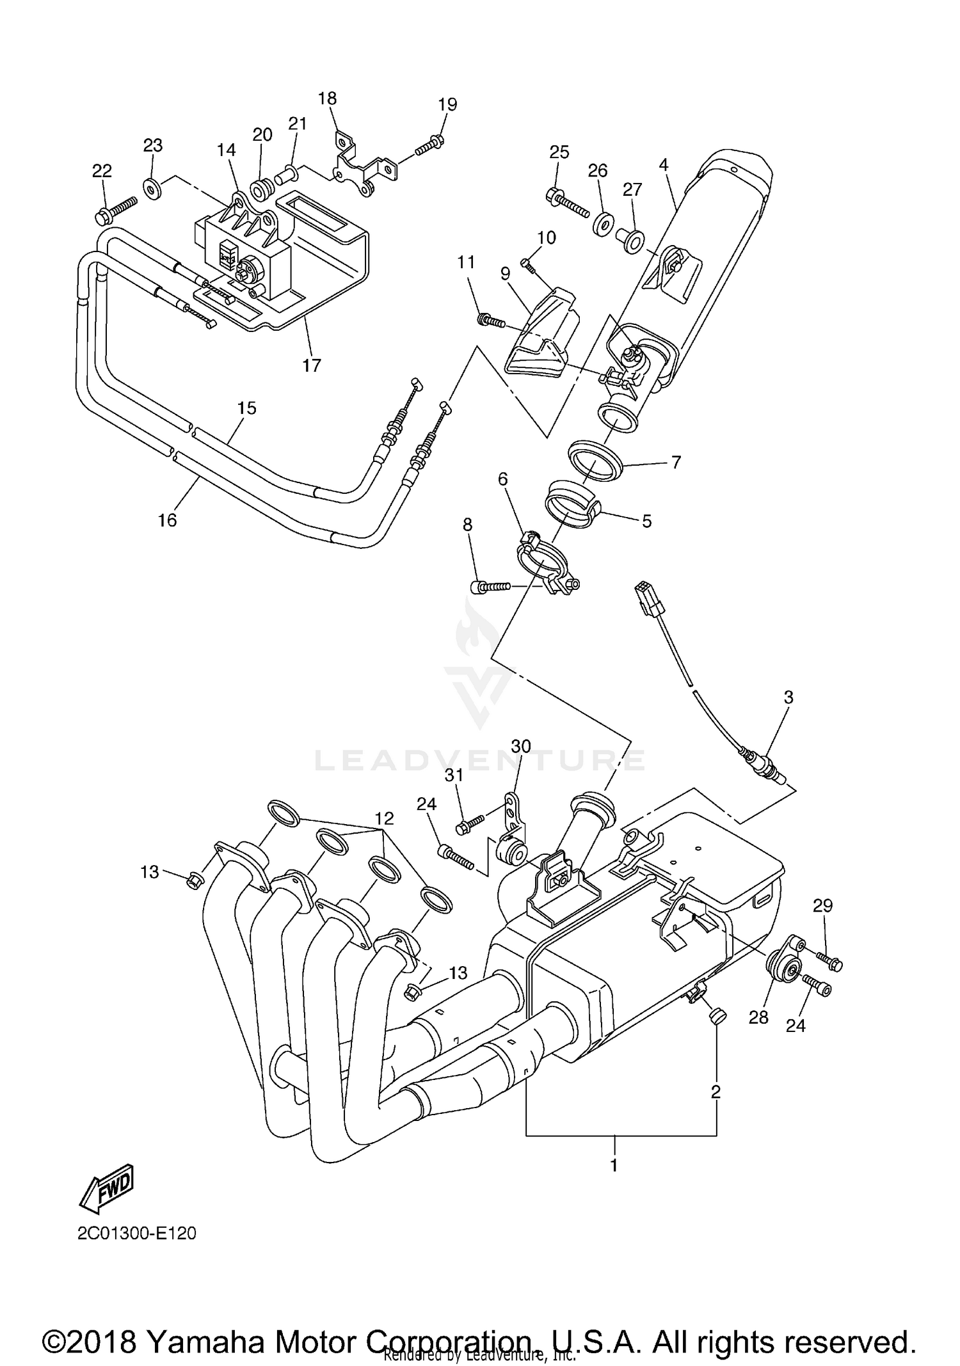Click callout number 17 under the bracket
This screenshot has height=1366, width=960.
point(312,365)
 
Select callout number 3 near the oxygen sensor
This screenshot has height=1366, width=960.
point(788,697)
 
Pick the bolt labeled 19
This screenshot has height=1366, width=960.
point(429,145)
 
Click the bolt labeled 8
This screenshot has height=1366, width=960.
point(490,585)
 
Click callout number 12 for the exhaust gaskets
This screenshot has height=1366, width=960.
point(384,818)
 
